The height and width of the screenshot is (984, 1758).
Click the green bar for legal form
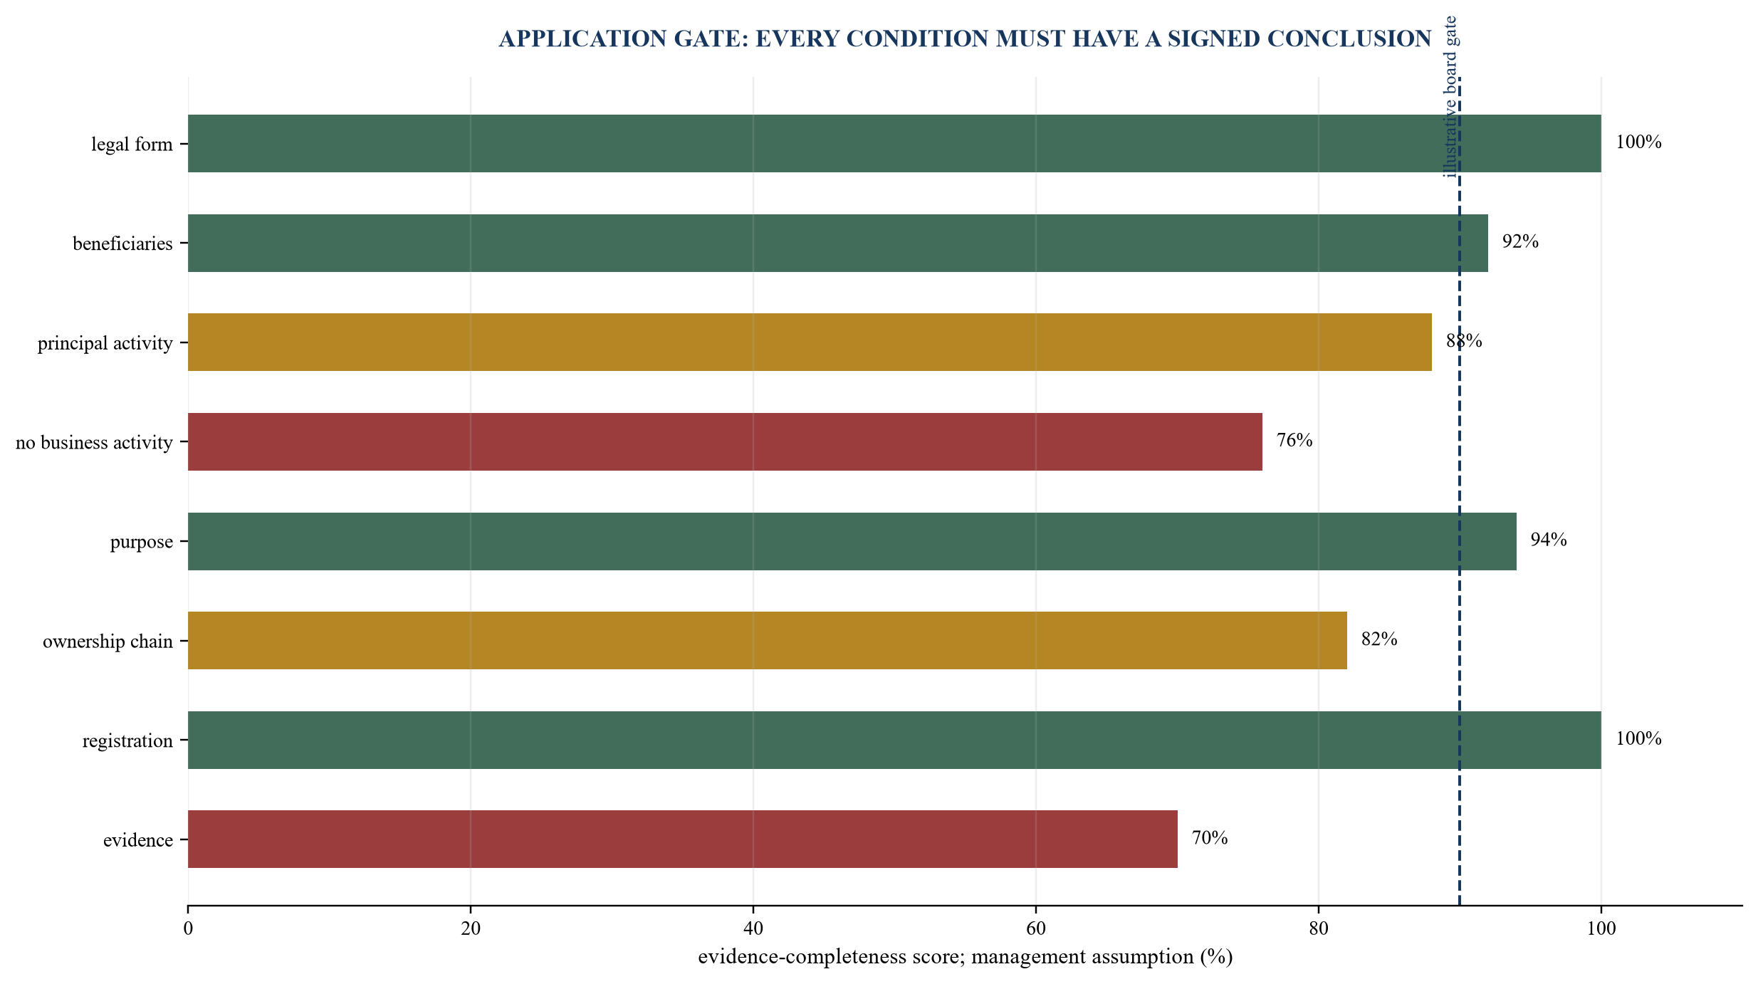(894, 143)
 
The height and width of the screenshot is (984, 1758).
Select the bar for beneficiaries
(838, 243)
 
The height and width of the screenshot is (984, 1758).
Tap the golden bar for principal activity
(810, 342)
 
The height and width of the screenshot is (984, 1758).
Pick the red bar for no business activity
(725, 441)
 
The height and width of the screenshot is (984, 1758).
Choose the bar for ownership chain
(768, 640)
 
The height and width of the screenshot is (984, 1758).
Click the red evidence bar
(683, 839)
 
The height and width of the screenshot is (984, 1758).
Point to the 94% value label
(1549, 540)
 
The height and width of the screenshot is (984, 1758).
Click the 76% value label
(1294, 440)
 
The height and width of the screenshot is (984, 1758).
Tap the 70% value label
(1210, 838)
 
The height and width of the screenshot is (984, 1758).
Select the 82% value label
(1379, 639)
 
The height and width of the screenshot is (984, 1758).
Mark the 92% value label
(1520, 241)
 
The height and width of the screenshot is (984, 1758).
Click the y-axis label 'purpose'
(142, 543)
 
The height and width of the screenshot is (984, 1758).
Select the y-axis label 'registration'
(127, 741)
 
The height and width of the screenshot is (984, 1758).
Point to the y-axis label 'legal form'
(132, 145)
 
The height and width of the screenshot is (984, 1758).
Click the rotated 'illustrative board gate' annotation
(1450, 97)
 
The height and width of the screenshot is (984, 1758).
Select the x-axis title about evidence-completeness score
(966, 957)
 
